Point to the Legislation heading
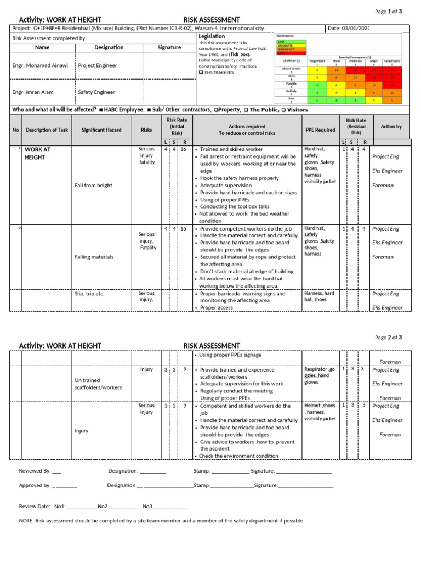(x=212, y=36)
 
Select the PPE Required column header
(x=320, y=130)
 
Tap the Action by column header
(x=391, y=127)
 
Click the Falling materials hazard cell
(x=94, y=257)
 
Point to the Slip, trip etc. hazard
(x=89, y=294)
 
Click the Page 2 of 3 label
(x=388, y=338)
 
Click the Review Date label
(x=35, y=507)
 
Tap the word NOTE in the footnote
(x=26, y=521)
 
